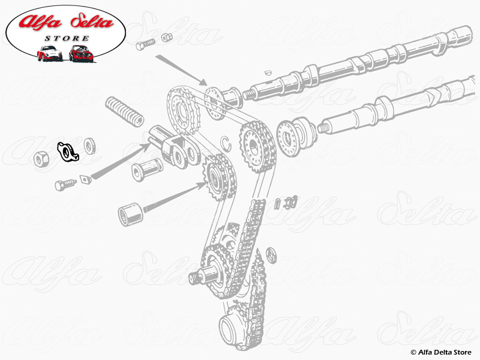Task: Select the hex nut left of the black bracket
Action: click(41, 159)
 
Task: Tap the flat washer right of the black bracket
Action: click(91, 145)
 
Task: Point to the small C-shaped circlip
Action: click(226, 142)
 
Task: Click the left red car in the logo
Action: click(50, 53)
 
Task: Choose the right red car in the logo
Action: click(80, 53)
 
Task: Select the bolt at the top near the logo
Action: click(145, 44)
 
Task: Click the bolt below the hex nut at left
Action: click(64, 184)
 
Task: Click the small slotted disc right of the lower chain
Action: click(271, 254)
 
